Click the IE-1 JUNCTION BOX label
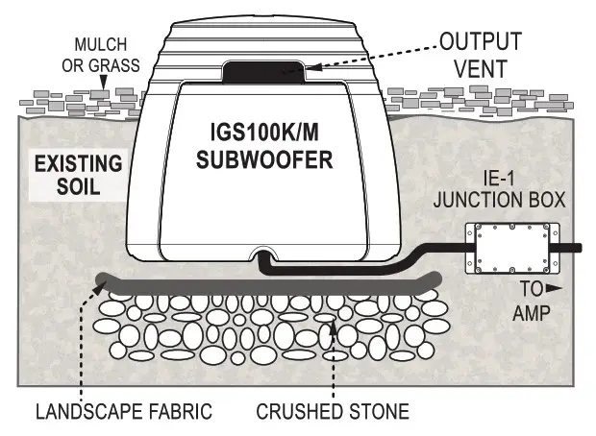(509, 190)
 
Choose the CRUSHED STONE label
(332, 413)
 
